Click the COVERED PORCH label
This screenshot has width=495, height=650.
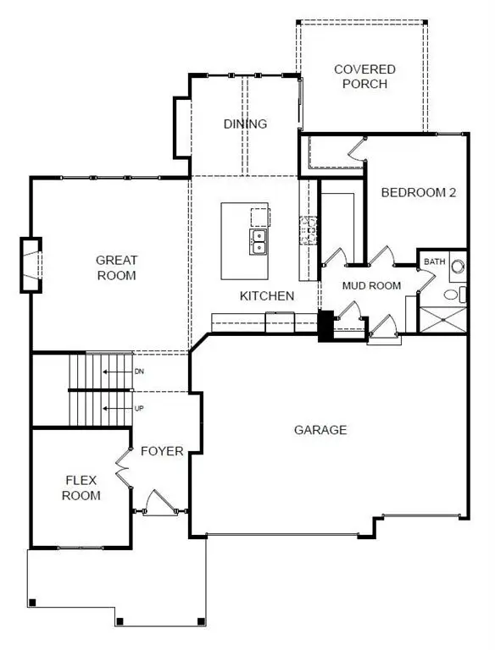point(360,76)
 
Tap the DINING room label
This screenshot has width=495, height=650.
point(245,124)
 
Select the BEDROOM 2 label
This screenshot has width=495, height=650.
point(419,192)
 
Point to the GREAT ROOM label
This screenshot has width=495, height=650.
point(116,267)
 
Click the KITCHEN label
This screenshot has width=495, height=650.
point(267,295)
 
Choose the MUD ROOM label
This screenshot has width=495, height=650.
point(371,285)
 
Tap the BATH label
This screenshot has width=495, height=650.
point(435,262)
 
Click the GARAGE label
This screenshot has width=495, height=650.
point(320,430)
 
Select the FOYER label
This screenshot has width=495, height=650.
point(162,451)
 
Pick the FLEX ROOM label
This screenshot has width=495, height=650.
point(82,487)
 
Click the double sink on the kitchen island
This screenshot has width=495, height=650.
point(259,243)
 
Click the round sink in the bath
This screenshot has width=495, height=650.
point(458,267)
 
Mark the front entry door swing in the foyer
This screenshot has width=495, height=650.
point(158,503)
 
